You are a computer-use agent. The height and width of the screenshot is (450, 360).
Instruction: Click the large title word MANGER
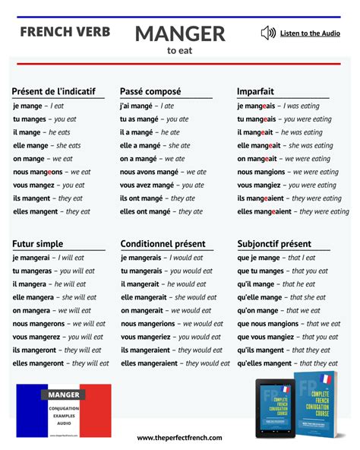click(180, 33)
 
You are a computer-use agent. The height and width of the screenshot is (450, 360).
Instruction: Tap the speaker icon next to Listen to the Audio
click(267, 33)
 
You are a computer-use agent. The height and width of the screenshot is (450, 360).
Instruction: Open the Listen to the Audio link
click(310, 33)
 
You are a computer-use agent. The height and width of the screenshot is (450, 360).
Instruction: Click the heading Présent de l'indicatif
click(54, 91)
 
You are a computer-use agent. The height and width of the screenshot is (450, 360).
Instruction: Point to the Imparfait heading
click(255, 91)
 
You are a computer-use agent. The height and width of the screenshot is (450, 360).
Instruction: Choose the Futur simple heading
click(38, 244)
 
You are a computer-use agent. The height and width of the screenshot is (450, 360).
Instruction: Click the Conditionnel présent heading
click(163, 244)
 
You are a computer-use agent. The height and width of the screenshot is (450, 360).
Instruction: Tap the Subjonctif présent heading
click(274, 244)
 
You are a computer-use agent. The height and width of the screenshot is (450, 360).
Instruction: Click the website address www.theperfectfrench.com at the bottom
click(179, 438)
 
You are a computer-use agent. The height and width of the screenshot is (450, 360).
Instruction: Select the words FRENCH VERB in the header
click(65, 32)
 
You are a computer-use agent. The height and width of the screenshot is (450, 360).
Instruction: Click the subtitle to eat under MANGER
click(180, 51)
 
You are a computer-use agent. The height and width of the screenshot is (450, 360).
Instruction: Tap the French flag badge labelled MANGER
click(64, 410)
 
